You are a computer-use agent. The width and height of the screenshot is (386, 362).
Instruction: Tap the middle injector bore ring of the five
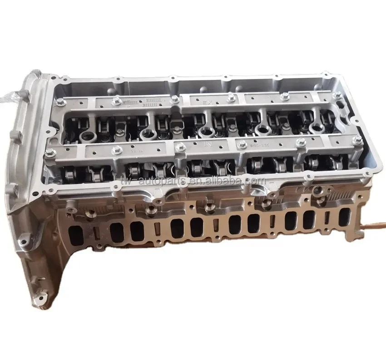[206, 132]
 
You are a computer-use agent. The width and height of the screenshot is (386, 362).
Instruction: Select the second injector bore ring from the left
[148, 134]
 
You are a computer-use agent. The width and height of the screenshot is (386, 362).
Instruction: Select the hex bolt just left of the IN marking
[180, 147]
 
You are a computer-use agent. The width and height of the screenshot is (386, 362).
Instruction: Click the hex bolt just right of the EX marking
[231, 96]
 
